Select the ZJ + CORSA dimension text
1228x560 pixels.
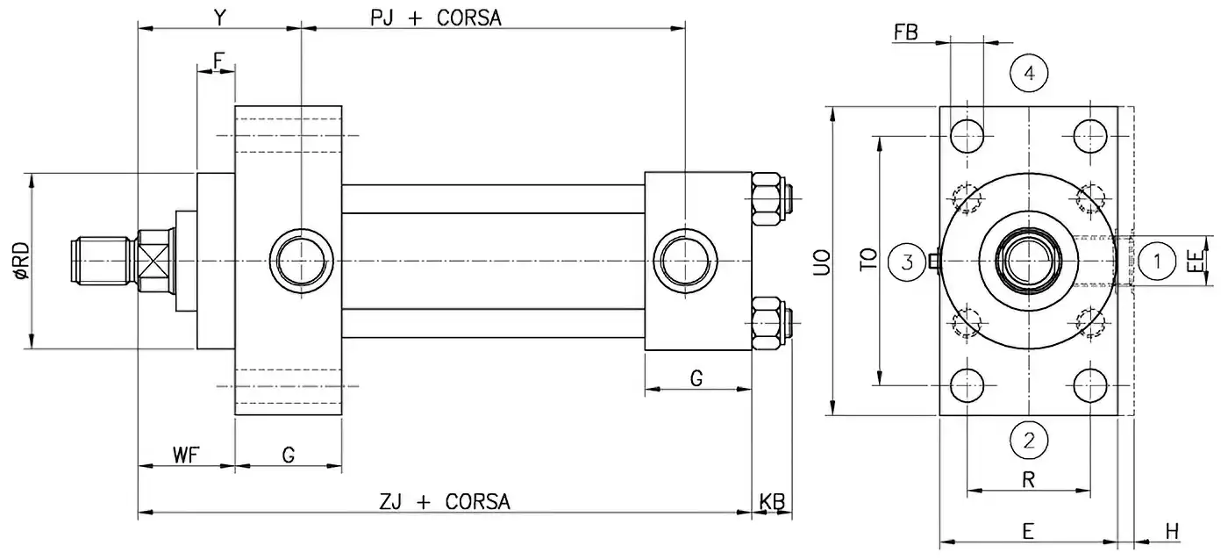(x=445, y=502)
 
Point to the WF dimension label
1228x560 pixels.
(x=185, y=455)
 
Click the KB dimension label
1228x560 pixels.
(x=771, y=502)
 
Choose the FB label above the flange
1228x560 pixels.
(x=906, y=33)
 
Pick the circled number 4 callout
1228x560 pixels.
(x=1030, y=74)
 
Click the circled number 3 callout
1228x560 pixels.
(x=908, y=261)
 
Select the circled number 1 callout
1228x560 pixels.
(x=1158, y=261)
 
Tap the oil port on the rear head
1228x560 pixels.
(x=687, y=261)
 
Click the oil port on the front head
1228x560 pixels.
(x=302, y=261)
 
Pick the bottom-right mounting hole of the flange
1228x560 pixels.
(x=1092, y=384)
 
